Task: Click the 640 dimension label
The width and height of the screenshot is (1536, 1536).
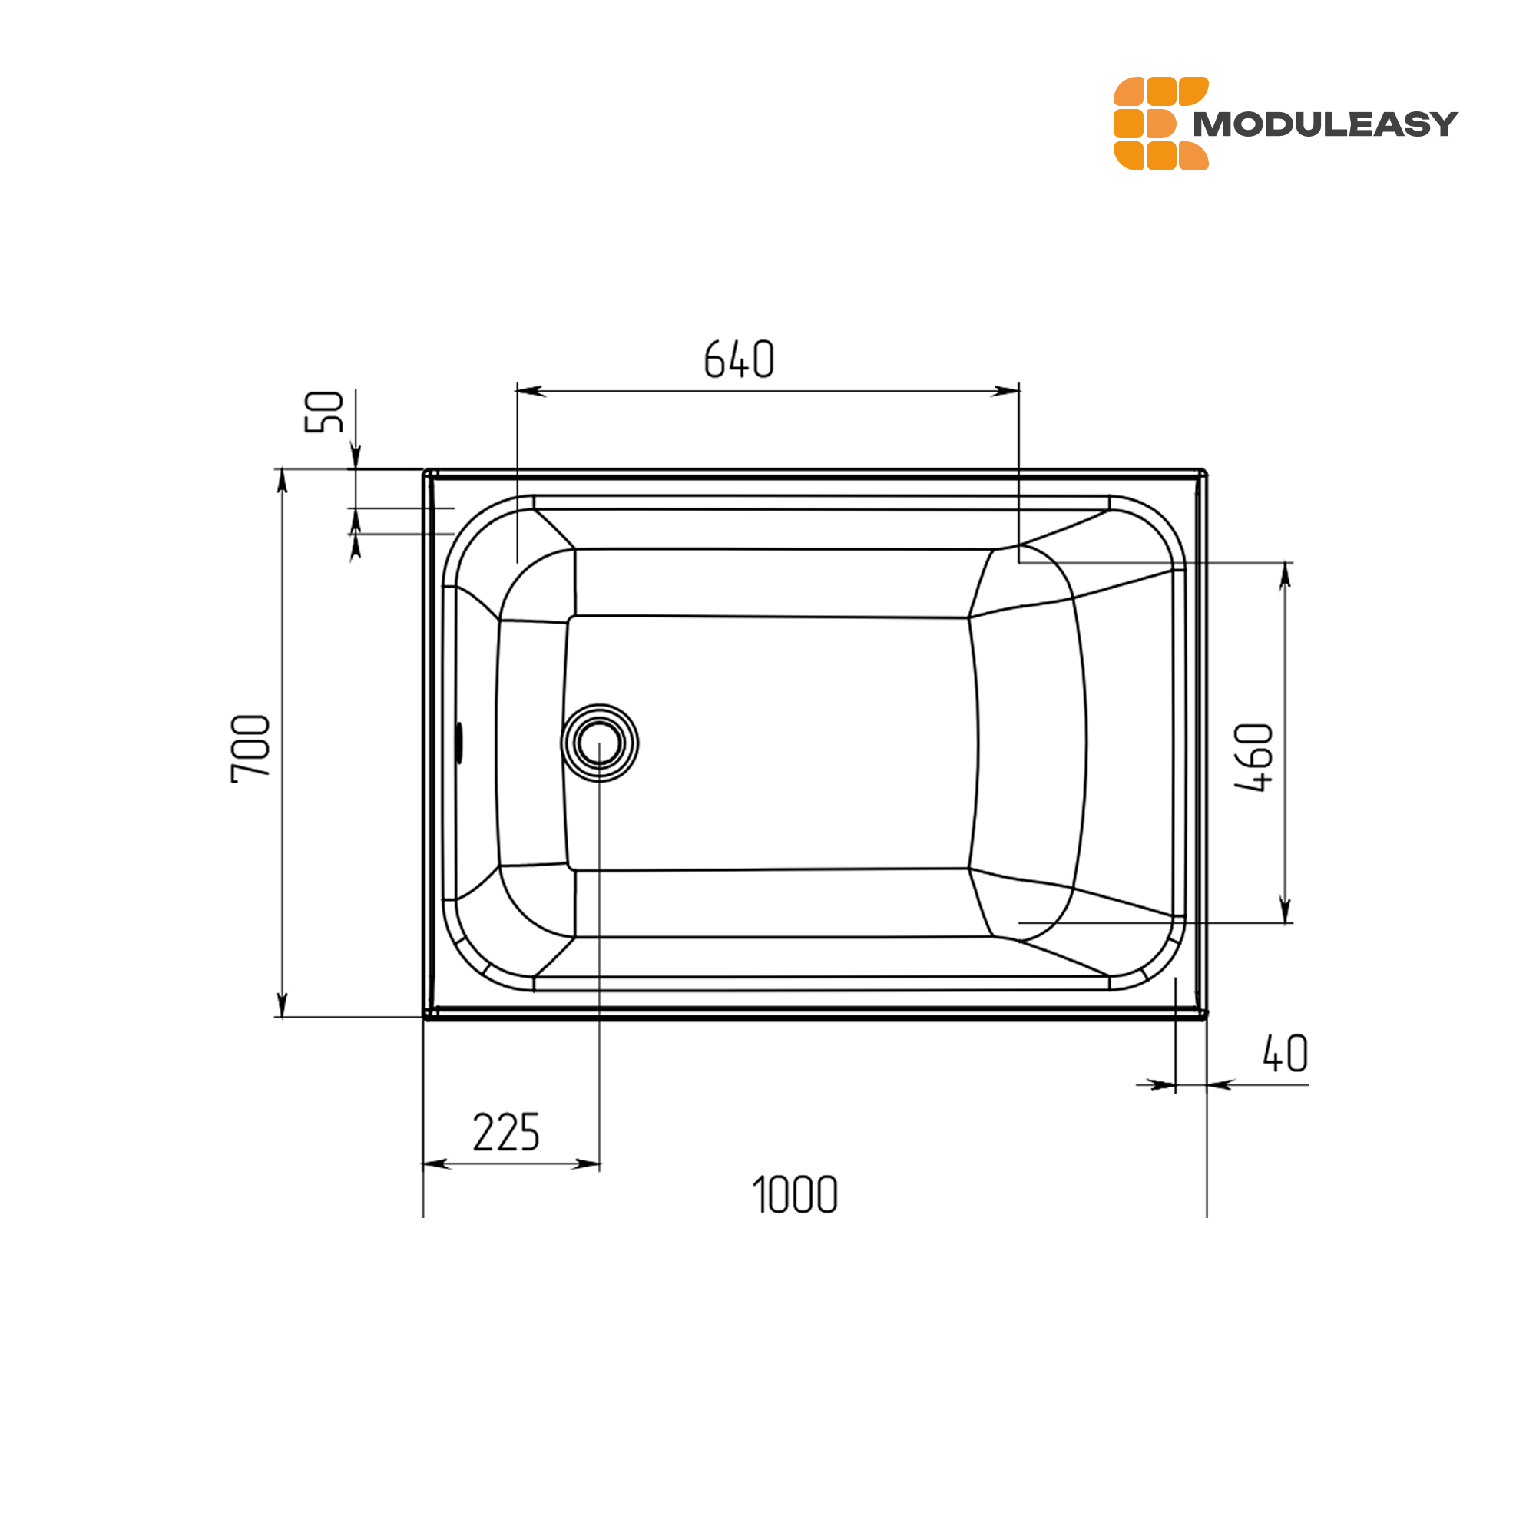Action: coord(739,359)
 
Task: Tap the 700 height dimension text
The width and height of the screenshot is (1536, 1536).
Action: coord(251,749)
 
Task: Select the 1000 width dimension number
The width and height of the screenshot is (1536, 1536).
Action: coord(795,1195)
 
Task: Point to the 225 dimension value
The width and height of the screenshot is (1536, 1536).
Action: coord(506,1132)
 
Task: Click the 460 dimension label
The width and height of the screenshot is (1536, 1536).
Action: coord(1254,758)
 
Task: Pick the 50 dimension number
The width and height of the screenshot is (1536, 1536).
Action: coord(324,411)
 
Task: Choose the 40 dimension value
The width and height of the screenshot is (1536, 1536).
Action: coord(1286,1054)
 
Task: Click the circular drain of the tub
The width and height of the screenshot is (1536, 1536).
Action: coord(600,743)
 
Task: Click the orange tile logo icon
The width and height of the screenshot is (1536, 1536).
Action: coord(1160,123)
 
